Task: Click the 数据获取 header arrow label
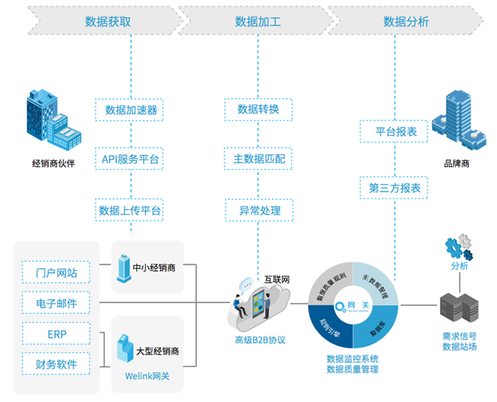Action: point(109,21)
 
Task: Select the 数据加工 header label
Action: point(258,21)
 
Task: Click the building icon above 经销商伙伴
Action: point(51,121)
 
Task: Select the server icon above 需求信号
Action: point(458,309)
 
